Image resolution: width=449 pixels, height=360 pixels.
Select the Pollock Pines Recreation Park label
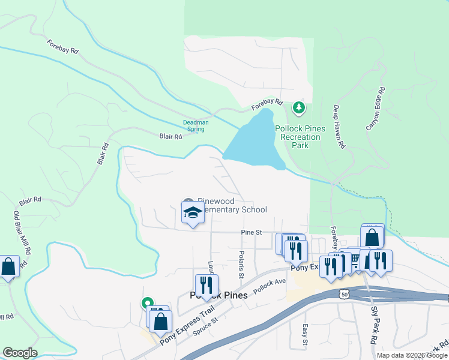pos(300,137)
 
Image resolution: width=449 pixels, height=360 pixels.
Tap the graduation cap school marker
pos(193,212)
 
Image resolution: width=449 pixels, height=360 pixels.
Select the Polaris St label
pos(241,264)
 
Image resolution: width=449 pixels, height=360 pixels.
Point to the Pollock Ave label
pos(269,285)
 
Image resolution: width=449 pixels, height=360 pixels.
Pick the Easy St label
pos(305,335)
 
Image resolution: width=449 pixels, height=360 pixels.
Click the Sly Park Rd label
pos(373,331)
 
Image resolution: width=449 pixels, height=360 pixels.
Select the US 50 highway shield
pos(343,294)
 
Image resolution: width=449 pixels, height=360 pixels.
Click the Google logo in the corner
pos(20,353)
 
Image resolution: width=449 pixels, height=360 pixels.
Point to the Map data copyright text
pos(412,355)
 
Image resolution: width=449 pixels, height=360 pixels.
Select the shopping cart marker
pos(354,259)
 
